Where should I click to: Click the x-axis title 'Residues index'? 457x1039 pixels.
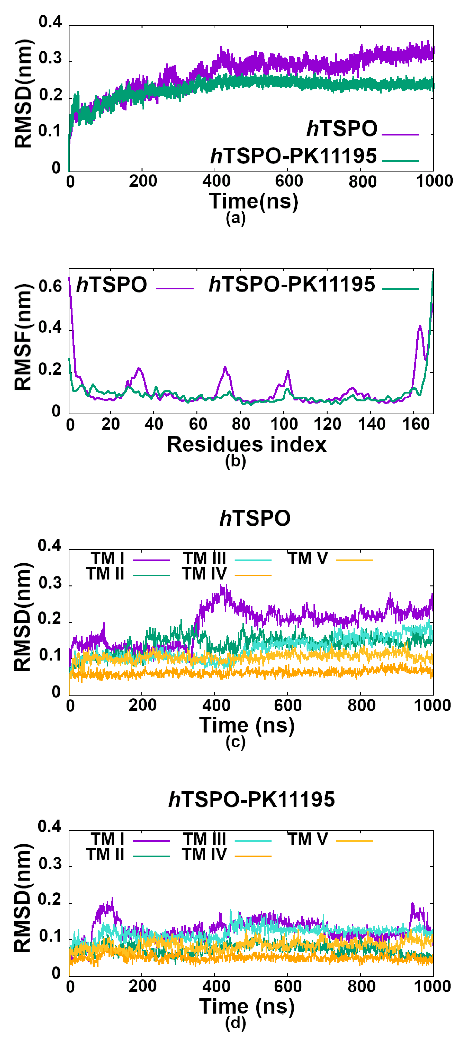(247, 445)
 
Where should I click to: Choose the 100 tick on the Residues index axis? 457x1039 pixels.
(284, 424)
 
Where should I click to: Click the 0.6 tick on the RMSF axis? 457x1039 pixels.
(50, 286)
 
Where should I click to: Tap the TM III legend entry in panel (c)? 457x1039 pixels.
(204, 559)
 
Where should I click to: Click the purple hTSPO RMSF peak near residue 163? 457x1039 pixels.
(420, 326)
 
